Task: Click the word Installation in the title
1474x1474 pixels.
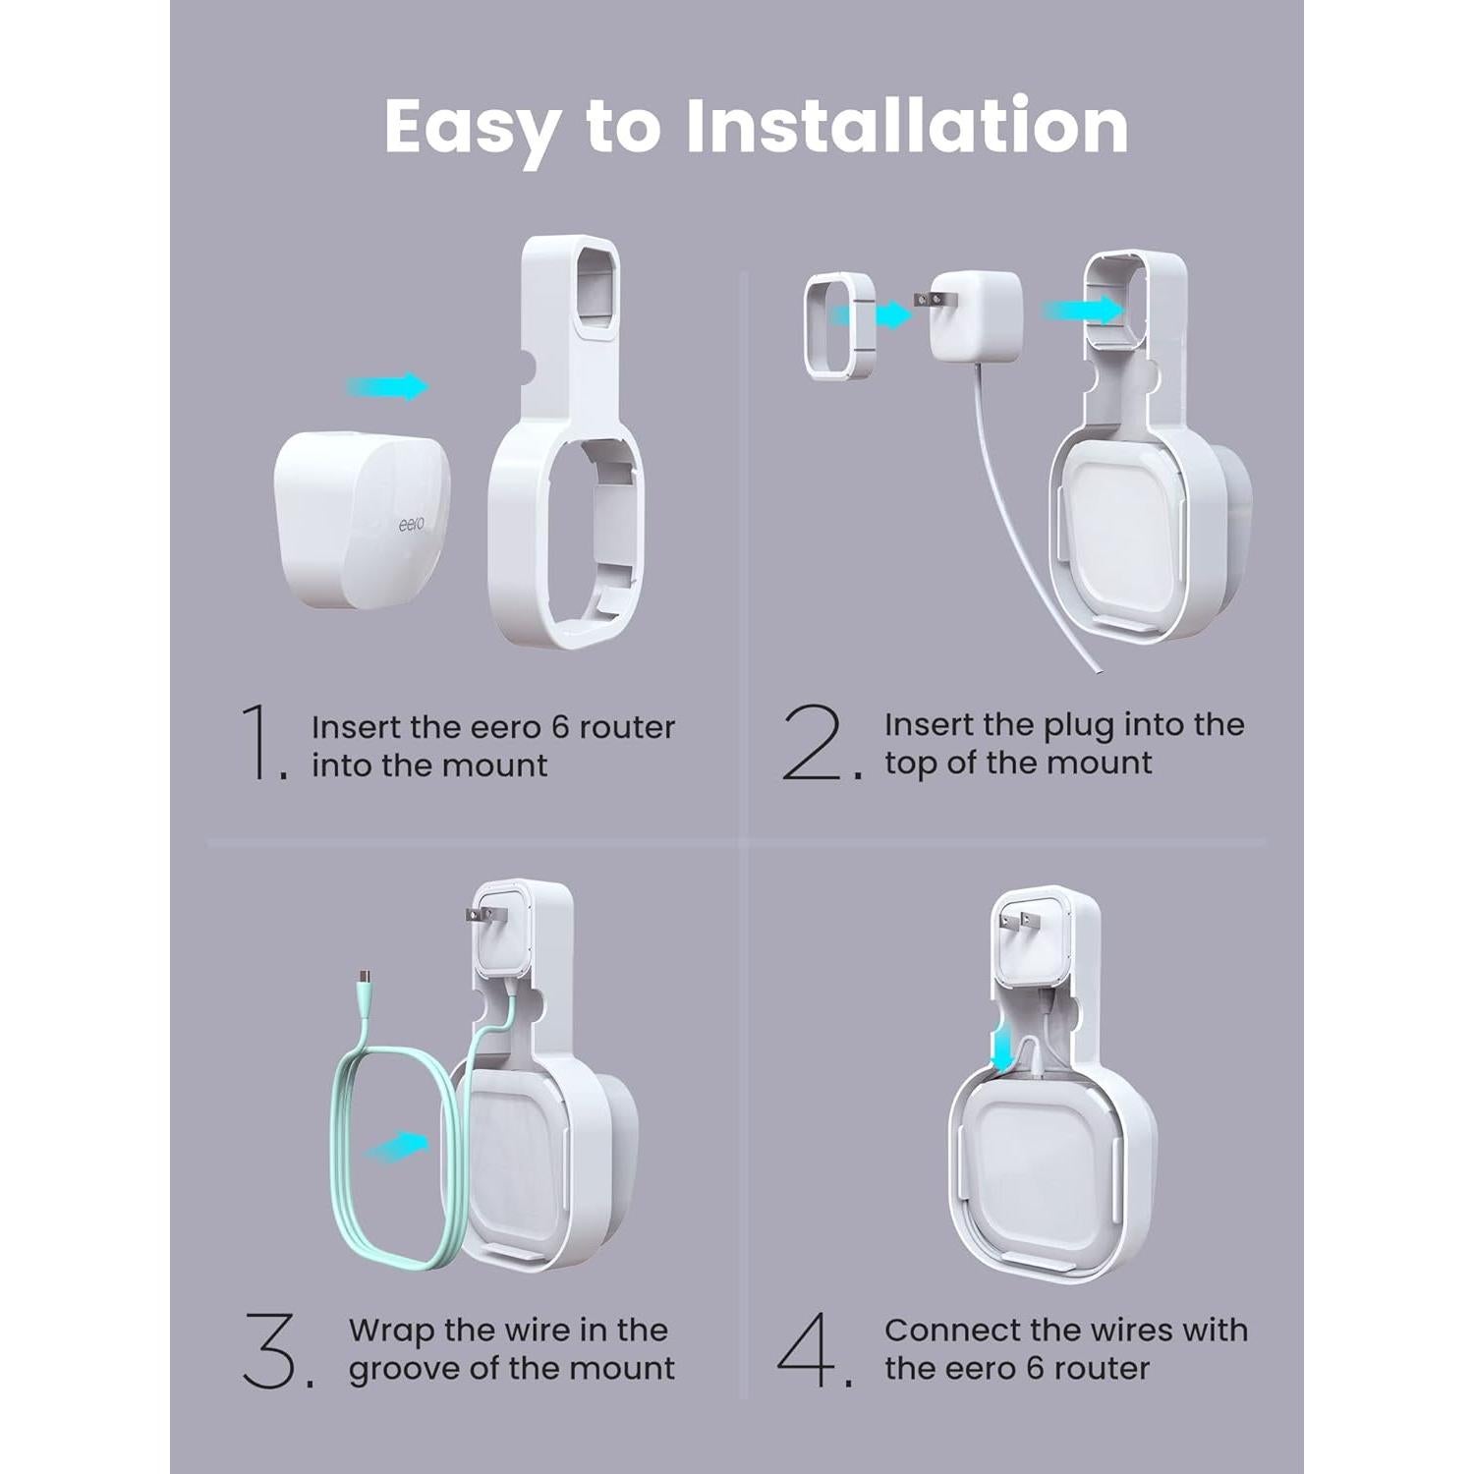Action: click(x=906, y=126)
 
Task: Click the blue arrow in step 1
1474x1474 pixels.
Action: click(x=388, y=386)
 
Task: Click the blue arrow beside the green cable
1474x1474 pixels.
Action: click(x=397, y=1145)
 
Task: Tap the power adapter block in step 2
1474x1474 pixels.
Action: click(x=975, y=314)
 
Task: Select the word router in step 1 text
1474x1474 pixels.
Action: click(x=627, y=727)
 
